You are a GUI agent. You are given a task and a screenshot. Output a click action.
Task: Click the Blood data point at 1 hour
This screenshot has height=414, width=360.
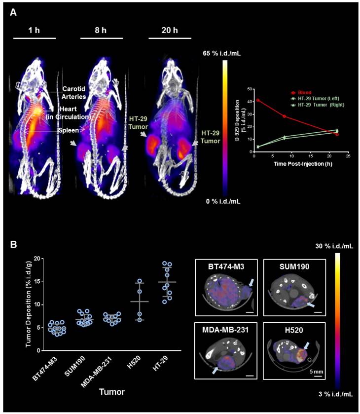coord(258,100)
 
